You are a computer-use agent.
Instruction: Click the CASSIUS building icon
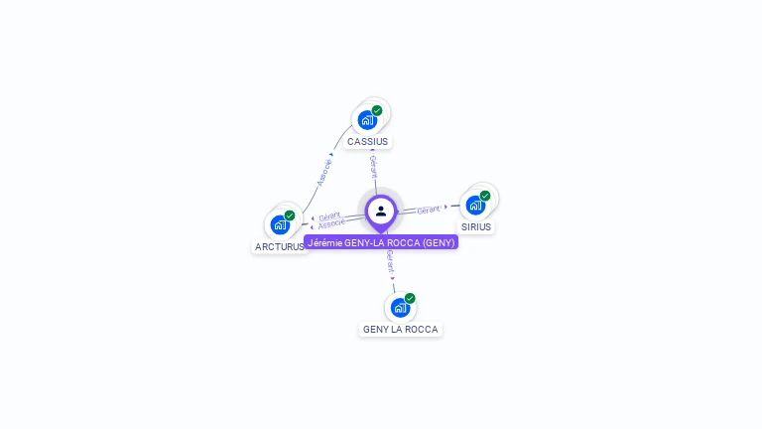pos(368,120)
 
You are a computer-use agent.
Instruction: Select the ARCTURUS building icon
pos(280,224)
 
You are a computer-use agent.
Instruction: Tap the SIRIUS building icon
pos(475,206)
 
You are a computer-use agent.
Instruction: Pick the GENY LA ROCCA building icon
pos(400,308)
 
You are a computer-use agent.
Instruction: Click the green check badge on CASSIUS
pos(377,111)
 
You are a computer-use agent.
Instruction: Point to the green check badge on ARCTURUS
pos(290,215)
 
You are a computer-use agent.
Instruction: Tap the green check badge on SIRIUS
pos(485,196)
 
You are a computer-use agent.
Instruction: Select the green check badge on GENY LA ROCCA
pos(410,298)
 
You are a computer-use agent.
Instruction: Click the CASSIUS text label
pos(368,142)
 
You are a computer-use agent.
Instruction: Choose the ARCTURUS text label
pos(279,246)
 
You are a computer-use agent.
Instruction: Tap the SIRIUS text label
pos(476,227)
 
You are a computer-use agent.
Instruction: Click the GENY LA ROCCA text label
pos(400,330)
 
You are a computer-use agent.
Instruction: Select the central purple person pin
pos(381,211)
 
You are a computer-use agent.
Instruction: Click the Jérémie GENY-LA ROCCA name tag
pos(381,242)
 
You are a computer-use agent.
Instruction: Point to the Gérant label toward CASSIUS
pos(373,165)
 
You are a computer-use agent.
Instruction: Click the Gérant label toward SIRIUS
pos(429,210)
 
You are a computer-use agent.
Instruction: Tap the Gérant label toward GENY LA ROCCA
pos(390,262)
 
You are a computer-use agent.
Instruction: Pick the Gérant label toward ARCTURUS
pos(329,215)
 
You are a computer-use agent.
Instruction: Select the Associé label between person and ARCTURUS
pos(330,224)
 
